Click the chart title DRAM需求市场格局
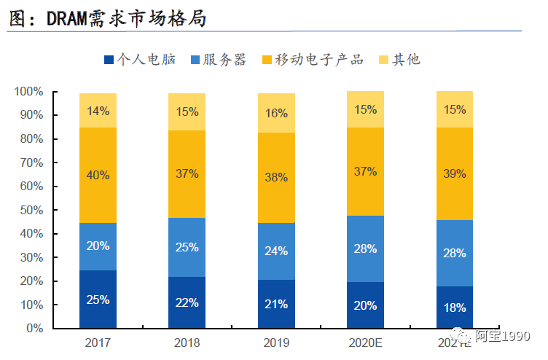click(x=108, y=18)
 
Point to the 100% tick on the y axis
click(x=28, y=92)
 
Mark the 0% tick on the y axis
click(x=34, y=329)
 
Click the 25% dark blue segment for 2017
click(x=98, y=300)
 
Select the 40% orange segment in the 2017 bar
click(x=98, y=175)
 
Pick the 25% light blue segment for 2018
click(x=187, y=247)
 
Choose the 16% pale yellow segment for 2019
click(x=276, y=113)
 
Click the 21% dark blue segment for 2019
click(x=276, y=304)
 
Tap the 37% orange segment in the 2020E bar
click(x=365, y=171)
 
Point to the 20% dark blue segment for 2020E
click(x=365, y=305)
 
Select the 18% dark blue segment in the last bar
click(x=454, y=308)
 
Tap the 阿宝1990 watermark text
click(x=508, y=337)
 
